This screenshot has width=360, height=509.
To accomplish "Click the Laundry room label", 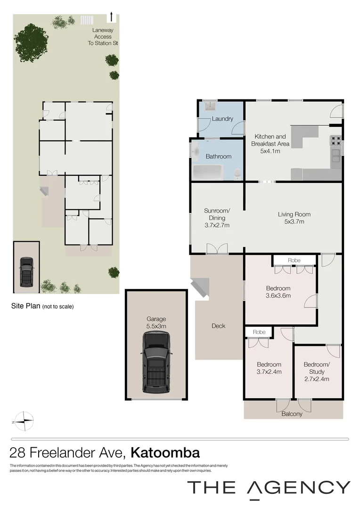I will [x=222, y=119].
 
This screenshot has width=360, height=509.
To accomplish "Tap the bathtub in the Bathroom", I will [x=208, y=172].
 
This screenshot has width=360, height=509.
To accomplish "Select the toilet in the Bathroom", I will [x=237, y=174].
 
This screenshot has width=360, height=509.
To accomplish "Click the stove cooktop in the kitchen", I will [x=335, y=140].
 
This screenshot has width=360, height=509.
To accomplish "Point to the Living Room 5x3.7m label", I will [x=294, y=218].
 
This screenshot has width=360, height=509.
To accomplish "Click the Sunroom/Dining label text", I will [x=217, y=218].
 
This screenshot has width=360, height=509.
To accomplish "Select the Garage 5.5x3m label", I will [x=156, y=322].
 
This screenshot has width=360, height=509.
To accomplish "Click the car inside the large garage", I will [x=156, y=362].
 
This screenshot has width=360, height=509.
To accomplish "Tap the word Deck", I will [x=218, y=326].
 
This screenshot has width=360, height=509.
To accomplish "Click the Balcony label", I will [x=292, y=414].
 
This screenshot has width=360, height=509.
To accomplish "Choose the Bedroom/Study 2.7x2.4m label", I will [x=316, y=371].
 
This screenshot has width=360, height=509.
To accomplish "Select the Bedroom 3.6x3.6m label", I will [x=278, y=292].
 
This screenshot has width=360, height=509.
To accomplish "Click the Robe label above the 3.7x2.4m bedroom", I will [x=259, y=332].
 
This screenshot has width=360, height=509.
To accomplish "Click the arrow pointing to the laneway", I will [x=111, y=16].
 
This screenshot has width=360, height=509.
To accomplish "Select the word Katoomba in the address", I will [x=165, y=453].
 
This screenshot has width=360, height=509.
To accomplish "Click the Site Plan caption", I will [x=42, y=306].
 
